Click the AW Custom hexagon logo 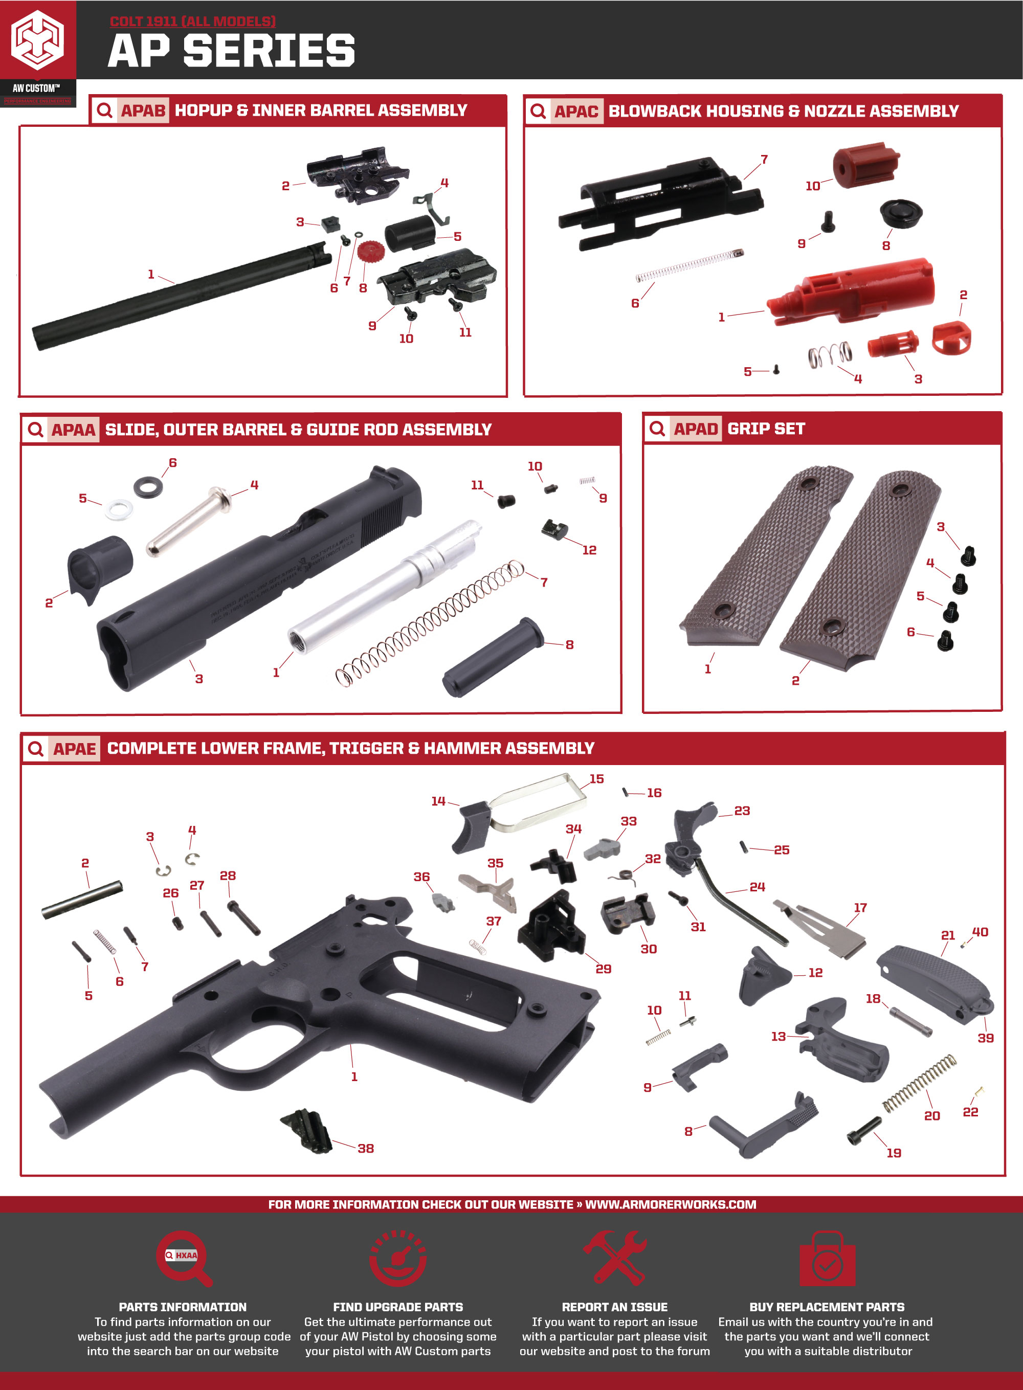point(38,40)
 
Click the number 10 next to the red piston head point(812,186)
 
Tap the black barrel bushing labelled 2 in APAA point(99,567)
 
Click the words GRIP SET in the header point(766,429)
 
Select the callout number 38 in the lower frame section point(365,1149)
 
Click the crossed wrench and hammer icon point(614,1257)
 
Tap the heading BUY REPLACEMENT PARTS point(827,1307)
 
